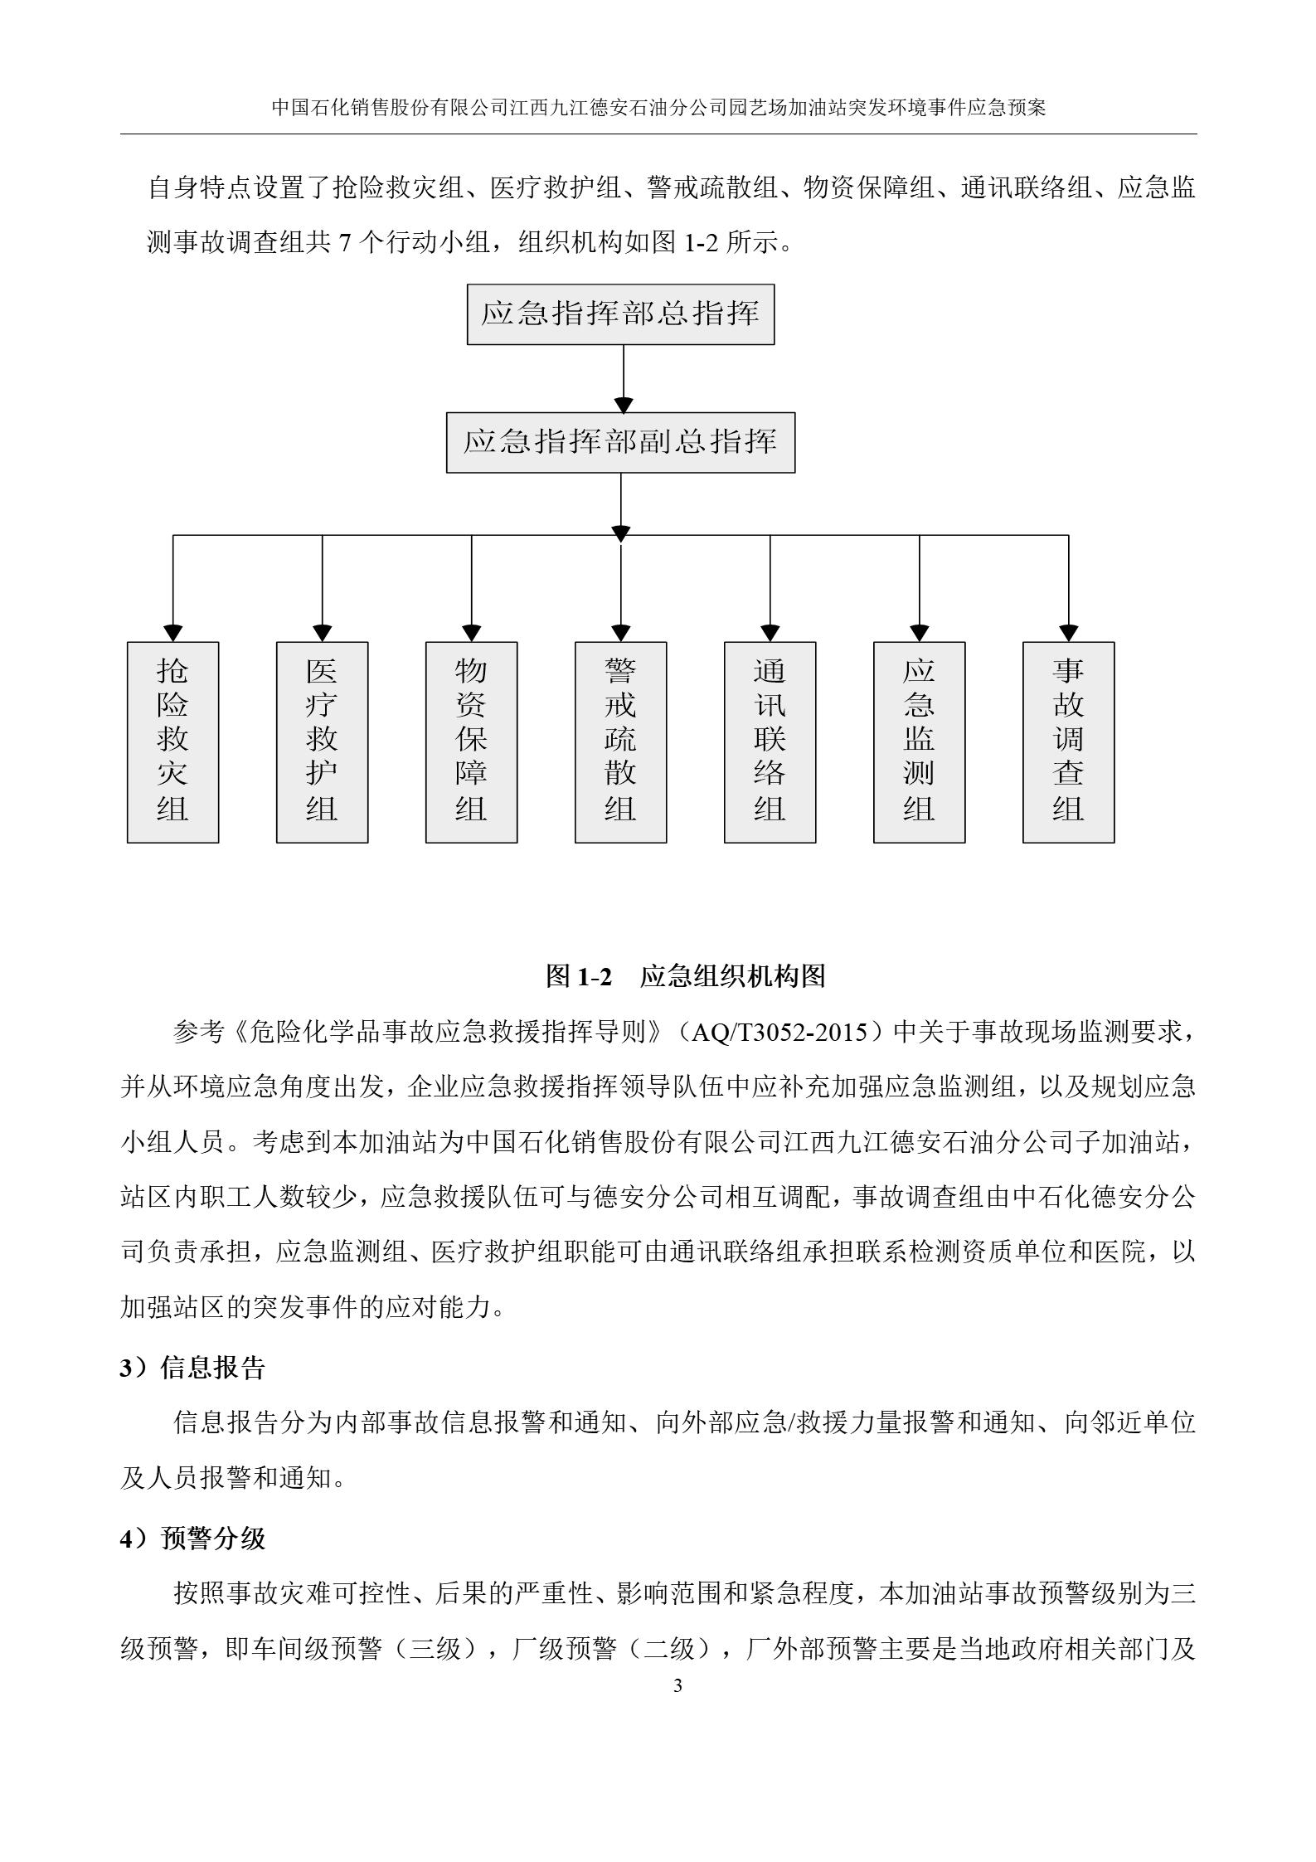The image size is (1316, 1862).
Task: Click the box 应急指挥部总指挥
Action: pyautogui.click(x=620, y=314)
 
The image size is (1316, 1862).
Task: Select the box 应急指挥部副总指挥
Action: pyautogui.click(x=620, y=442)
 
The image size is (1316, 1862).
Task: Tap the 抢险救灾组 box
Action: pyautogui.click(x=172, y=742)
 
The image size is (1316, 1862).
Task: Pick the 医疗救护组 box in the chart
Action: pyautogui.click(x=322, y=742)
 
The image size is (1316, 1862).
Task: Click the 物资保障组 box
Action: pyautogui.click(x=471, y=742)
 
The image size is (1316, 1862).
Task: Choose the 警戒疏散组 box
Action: pyautogui.click(x=620, y=742)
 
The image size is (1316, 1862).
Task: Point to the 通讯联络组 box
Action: pyautogui.click(x=770, y=742)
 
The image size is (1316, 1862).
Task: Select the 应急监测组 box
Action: pyautogui.click(x=919, y=742)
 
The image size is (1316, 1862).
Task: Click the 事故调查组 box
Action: pyautogui.click(x=1068, y=742)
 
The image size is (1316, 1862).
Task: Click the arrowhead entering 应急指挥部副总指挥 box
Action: pyautogui.click(x=623, y=405)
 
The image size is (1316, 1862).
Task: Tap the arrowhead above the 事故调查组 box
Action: pyautogui.click(x=1068, y=633)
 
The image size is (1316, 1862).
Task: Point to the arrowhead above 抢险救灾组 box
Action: pyautogui.click(x=172, y=633)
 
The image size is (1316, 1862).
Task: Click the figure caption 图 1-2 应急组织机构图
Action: pyautogui.click(x=685, y=976)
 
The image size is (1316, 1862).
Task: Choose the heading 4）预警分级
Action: pyautogui.click(x=192, y=1539)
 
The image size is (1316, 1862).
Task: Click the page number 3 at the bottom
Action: pyautogui.click(x=677, y=1685)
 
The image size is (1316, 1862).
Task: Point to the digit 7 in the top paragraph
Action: pyautogui.click(x=346, y=244)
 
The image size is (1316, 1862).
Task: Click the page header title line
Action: pyautogui.click(x=658, y=108)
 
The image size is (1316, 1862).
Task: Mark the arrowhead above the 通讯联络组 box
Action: pyautogui.click(x=770, y=633)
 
